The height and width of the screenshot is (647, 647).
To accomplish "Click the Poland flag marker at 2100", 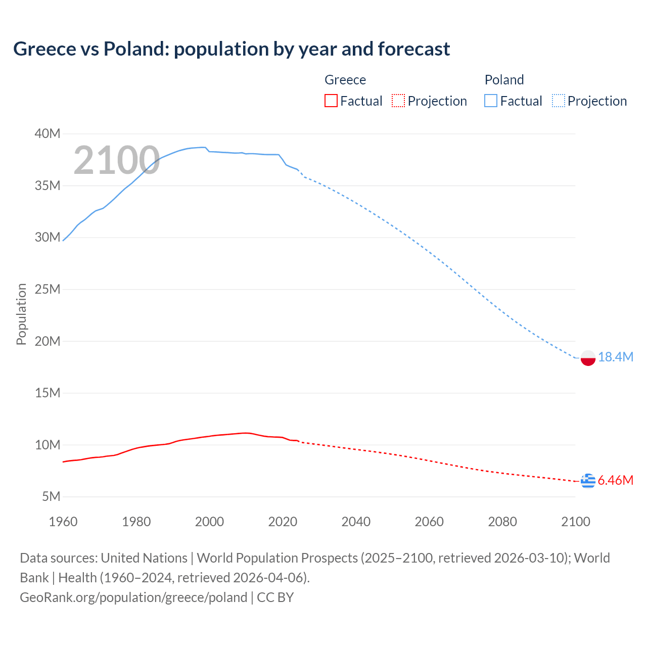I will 587,358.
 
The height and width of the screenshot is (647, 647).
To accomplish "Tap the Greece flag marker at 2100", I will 587,481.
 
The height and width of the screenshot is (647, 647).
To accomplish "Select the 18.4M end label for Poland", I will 615,357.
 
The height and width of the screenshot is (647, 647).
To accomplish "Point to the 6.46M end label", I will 615,480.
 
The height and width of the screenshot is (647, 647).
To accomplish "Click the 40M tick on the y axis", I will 48,134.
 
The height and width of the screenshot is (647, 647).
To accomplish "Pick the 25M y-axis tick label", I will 48,290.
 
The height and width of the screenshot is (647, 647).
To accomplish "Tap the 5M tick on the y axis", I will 51,497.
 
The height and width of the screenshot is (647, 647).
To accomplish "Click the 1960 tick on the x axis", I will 63,522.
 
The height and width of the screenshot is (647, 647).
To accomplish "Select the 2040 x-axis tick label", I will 356,522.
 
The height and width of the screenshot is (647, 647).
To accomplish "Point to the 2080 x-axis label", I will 502,522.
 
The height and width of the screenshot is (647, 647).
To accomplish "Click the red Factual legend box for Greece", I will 331,101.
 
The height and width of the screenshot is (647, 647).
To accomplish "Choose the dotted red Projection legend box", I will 398,101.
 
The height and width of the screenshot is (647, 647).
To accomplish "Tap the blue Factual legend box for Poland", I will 490,101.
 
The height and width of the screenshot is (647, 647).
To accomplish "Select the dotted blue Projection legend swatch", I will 558,101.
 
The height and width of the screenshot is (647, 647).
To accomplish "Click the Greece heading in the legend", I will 345,80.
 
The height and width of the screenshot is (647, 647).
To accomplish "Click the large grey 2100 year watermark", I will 117,161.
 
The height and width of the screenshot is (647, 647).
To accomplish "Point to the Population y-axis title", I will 21,314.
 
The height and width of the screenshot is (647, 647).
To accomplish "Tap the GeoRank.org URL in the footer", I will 133,597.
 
